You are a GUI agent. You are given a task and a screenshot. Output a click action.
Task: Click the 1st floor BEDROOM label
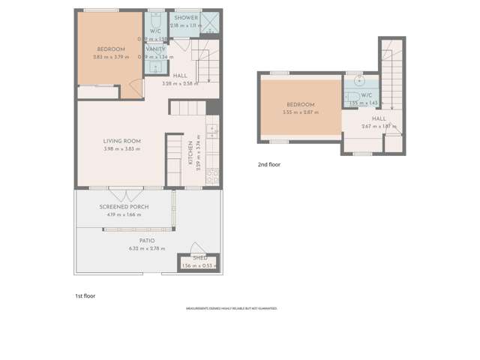111,49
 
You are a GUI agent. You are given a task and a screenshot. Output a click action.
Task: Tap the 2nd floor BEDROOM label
300,105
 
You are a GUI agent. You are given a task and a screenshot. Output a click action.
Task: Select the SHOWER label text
186,17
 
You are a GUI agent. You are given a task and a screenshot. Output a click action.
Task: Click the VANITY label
156,49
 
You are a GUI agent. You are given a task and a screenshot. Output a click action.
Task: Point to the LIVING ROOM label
121,141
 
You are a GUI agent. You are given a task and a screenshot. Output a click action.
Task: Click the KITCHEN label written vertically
190,154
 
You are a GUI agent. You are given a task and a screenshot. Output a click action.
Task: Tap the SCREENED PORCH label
124,207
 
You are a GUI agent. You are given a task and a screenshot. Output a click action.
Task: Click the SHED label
199,258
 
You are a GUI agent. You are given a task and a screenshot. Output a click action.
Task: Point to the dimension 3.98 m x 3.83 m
121,149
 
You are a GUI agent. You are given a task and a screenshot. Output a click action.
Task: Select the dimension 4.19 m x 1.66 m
124,215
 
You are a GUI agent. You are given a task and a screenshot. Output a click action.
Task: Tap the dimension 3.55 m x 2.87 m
300,112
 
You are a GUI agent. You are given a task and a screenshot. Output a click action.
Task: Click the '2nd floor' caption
268,163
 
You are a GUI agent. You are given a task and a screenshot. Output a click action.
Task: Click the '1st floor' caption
85,295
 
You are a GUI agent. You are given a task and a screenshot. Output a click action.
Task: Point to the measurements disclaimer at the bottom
232,308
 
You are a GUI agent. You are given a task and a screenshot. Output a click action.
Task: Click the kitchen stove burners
212,176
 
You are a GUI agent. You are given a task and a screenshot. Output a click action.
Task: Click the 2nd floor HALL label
379,118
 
